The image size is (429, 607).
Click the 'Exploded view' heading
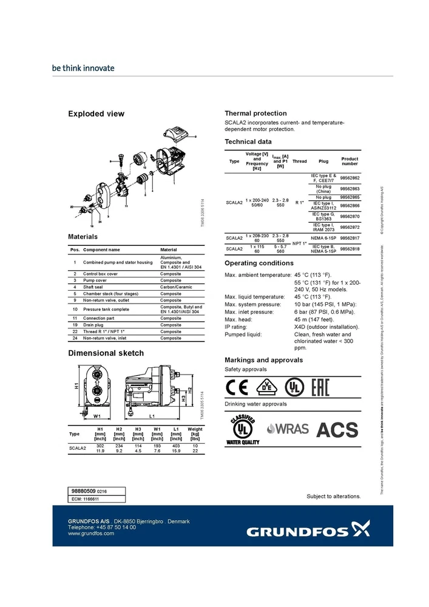(x=96, y=114)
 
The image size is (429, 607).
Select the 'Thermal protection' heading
(x=255, y=113)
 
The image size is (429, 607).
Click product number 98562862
(x=350, y=178)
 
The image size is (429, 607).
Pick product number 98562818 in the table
(x=350, y=249)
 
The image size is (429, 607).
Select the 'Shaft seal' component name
(x=94, y=287)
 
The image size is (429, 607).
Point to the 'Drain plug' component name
(x=95, y=325)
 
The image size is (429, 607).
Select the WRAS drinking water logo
(x=288, y=429)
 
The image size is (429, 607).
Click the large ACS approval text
(x=337, y=430)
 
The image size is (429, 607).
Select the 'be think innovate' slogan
(x=83, y=68)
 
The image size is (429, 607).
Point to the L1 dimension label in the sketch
(x=152, y=416)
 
